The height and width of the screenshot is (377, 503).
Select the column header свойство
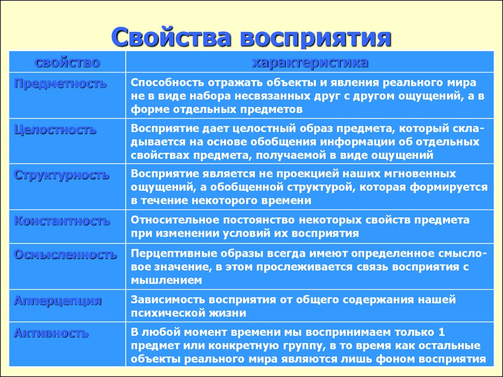pyautogui.click(x=67, y=62)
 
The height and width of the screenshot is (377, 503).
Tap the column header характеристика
pyautogui.click(x=310, y=62)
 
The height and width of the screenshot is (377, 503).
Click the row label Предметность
pyautogui.click(x=60, y=83)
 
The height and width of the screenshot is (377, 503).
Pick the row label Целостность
pyautogui.click(x=55, y=130)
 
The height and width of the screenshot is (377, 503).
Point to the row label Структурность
pyautogui.click(x=61, y=175)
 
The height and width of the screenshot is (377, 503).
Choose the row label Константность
pyautogui.click(x=62, y=221)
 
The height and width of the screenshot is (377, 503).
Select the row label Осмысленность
pyautogui.click(x=65, y=255)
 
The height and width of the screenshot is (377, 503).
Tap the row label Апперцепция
pyautogui.click(x=58, y=301)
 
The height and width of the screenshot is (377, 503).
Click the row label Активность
pyautogui.click(x=51, y=333)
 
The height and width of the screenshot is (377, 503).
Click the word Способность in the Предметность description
pyautogui.click(x=167, y=82)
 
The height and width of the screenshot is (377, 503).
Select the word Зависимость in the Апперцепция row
pyautogui.click(x=168, y=299)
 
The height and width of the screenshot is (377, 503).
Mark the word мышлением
pyautogui.click(x=166, y=280)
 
